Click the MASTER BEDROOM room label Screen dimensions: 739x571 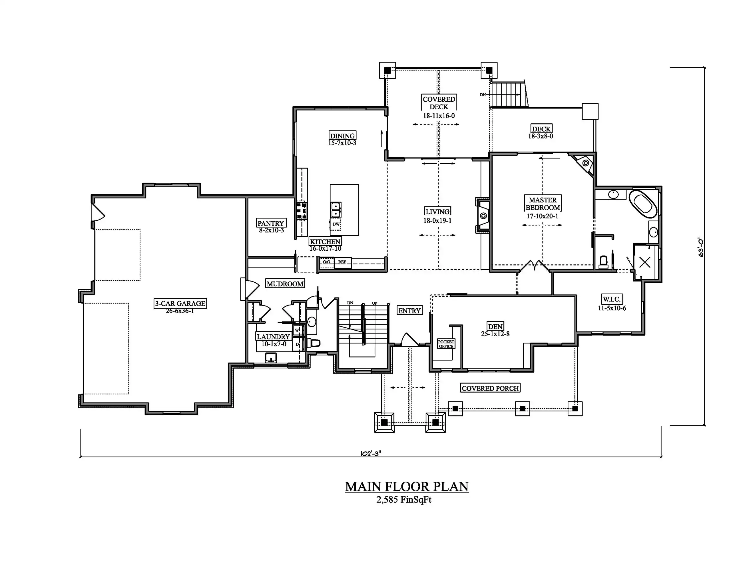[543, 204]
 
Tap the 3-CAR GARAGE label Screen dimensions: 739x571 [180, 303]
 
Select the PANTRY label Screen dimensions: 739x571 [271, 223]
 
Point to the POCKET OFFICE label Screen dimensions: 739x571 [446, 344]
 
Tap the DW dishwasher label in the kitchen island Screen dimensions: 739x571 [336, 224]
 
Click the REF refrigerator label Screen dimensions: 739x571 [342, 262]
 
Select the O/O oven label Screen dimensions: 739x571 [327, 262]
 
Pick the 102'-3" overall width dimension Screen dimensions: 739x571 [371, 453]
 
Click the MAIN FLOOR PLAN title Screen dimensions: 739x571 [407, 486]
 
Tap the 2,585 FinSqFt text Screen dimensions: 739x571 [404, 500]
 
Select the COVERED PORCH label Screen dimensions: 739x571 [490, 388]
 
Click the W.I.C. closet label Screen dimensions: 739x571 [612, 299]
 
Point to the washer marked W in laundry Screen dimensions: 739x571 [297, 330]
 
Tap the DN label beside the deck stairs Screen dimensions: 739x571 [483, 95]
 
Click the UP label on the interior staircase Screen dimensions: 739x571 [375, 303]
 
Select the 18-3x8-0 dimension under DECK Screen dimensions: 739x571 [541, 136]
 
